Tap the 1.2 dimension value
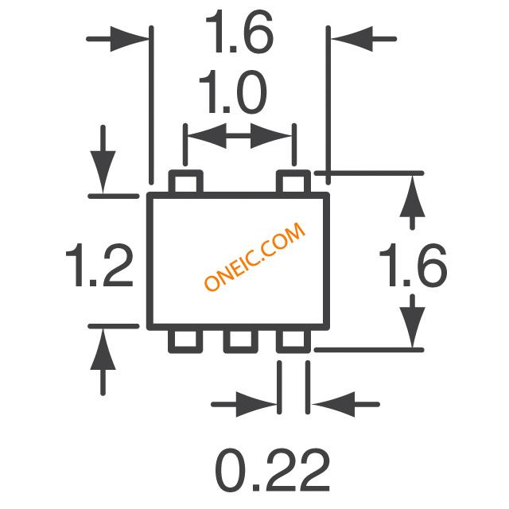tap(98, 266)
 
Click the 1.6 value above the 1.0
tap(239, 34)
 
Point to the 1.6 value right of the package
tap(411, 266)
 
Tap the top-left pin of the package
tap(186, 182)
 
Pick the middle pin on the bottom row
tap(239, 341)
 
